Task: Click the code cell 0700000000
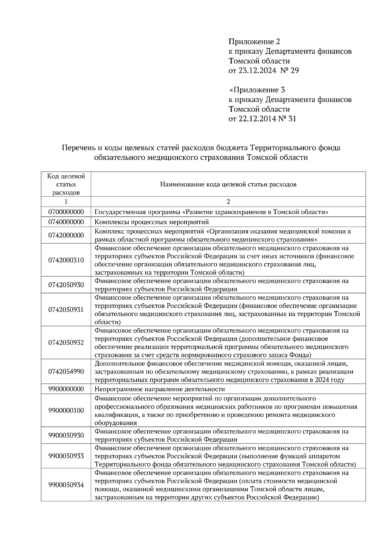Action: tap(66, 212)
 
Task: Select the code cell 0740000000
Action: tap(66, 222)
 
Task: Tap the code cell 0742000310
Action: tap(66, 260)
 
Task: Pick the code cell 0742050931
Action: tap(66, 310)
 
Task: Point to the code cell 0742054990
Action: tap(66, 371)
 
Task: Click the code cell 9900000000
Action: tap(66, 389)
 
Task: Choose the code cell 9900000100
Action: tap(66, 410)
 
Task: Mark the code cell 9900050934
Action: tap(66, 485)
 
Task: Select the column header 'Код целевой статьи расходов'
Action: tap(66, 185)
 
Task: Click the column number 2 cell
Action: tap(228, 201)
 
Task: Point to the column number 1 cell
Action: tap(66, 201)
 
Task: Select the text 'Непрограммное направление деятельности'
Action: tap(160, 389)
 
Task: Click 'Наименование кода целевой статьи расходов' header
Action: tap(228, 185)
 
